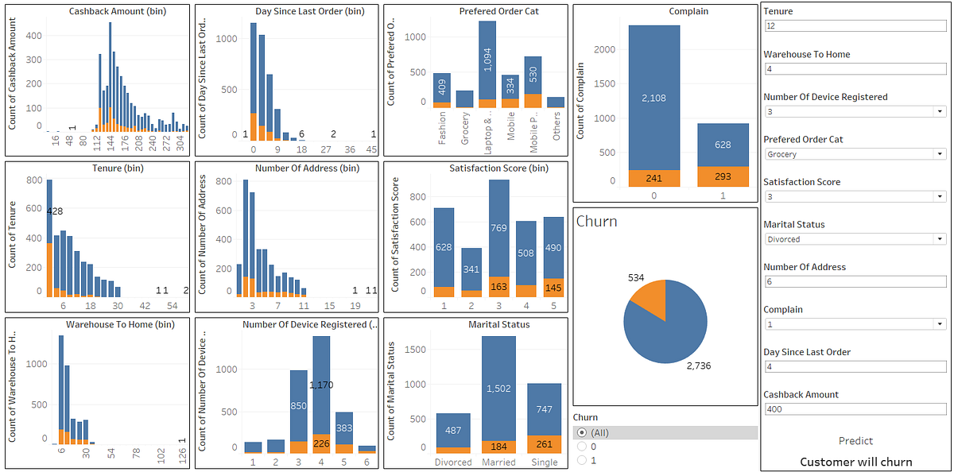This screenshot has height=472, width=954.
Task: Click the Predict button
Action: click(x=855, y=441)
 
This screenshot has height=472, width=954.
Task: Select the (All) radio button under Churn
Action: click(x=582, y=432)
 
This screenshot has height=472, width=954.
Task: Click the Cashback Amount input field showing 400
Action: click(x=855, y=409)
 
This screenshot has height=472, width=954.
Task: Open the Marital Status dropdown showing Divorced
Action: click(x=855, y=239)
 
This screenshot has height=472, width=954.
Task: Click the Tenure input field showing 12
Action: click(x=855, y=26)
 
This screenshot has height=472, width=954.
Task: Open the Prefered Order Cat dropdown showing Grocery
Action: click(x=855, y=154)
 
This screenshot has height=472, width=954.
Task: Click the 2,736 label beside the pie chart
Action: click(x=700, y=365)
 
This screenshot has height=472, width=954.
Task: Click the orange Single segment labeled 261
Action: click(x=544, y=444)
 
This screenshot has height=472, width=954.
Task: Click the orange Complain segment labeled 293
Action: click(x=722, y=176)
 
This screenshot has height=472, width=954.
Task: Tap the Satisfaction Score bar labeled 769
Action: click(x=499, y=228)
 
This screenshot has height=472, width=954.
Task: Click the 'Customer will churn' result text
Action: click(x=855, y=462)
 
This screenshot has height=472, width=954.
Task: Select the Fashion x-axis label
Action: click(x=442, y=127)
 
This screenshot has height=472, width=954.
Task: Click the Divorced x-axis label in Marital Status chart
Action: click(x=453, y=462)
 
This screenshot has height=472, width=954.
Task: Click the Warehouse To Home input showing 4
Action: click(x=855, y=69)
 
